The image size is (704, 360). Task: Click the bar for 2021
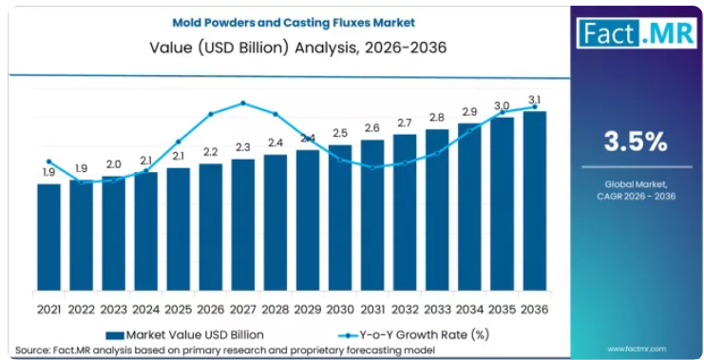[x=49, y=237]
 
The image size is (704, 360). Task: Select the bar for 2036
[x=535, y=200]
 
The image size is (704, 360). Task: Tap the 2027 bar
[x=243, y=225]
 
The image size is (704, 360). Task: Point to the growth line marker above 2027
[x=243, y=103]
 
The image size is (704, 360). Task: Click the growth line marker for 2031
[x=372, y=167]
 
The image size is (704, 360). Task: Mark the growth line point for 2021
[x=49, y=161]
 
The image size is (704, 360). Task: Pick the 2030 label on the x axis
[x=340, y=310]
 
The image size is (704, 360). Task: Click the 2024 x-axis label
[x=146, y=310]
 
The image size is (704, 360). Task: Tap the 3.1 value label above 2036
[x=534, y=98]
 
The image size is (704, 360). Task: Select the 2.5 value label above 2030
[x=340, y=133]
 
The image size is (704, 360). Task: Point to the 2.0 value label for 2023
[x=114, y=164]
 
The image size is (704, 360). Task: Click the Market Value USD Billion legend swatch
[x=115, y=335]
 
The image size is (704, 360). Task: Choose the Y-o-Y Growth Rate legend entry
[x=412, y=335]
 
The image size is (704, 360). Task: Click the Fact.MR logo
[x=637, y=32]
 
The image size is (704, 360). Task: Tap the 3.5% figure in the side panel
[x=636, y=142]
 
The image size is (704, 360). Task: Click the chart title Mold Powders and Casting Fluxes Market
[x=295, y=23]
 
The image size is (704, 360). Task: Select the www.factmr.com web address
[x=637, y=349]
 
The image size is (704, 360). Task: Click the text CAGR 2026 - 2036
[x=637, y=197]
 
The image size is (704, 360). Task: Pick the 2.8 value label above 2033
[x=437, y=118]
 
